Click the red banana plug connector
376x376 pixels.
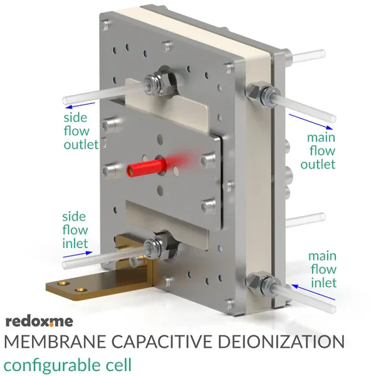(147, 168)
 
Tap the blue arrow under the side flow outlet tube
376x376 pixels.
(80, 106)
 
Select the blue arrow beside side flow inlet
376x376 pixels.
(78, 254)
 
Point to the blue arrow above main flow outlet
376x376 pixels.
(311, 122)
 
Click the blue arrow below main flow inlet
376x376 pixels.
(313, 292)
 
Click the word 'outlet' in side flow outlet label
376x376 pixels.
(81, 145)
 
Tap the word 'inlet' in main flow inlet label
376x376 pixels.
(324, 283)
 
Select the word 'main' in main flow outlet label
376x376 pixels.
(321, 138)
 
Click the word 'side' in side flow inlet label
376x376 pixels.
(74, 217)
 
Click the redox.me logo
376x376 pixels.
(39, 321)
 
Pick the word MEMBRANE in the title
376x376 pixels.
(55, 342)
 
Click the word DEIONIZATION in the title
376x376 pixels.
(281, 342)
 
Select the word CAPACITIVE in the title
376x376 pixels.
(162, 342)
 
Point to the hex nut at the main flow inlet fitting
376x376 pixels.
(255, 282)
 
